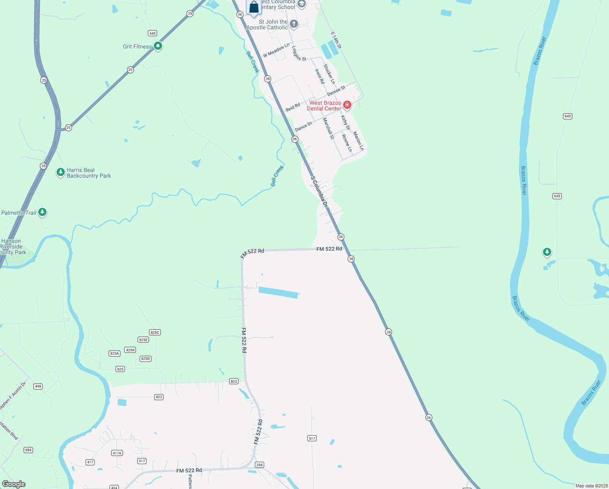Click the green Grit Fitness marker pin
click(x=158, y=46)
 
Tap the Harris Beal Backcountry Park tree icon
click(x=60, y=172)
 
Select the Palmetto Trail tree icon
click(x=42, y=212)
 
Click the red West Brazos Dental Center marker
click(x=347, y=105)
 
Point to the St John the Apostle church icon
click(x=294, y=24)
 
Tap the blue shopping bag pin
click(x=254, y=7)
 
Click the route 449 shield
click(x=152, y=33)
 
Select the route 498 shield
click(x=38, y=386)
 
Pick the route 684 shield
click(x=28, y=450)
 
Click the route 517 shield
click(x=312, y=438)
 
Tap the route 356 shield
click(x=259, y=465)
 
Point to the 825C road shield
click(x=155, y=333)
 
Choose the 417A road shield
click(x=117, y=453)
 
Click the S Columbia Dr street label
click(x=319, y=192)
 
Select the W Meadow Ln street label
click(x=276, y=50)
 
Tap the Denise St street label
click(x=336, y=91)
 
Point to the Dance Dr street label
click(x=303, y=127)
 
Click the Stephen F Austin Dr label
click(x=13, y=395)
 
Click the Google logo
click(x=14, y=484)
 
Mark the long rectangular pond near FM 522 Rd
click(x=279, y=292)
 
